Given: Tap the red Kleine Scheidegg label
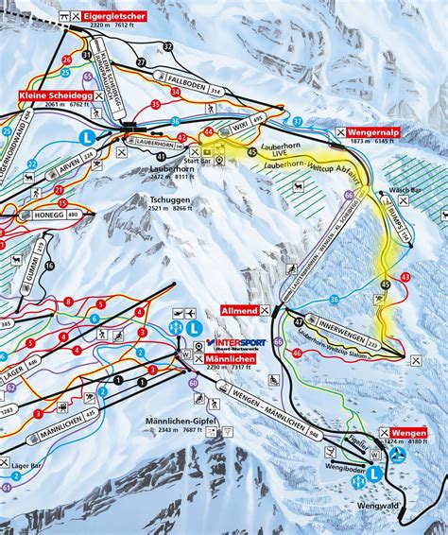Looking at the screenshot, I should (53, 96).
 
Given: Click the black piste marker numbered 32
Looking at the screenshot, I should (168, 46).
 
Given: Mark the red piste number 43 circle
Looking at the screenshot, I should (405, 276).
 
